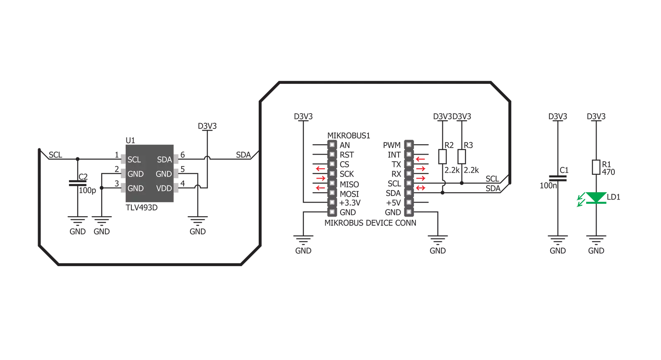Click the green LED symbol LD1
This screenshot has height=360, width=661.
(x=596, y=198)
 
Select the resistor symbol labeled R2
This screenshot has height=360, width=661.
(x=442, y=157)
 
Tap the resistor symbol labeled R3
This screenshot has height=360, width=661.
(x=461, y=157)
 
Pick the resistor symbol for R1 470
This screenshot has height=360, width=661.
(x=596, y=167)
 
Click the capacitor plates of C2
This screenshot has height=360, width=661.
(x=78, y=183)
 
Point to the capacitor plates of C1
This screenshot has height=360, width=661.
(x=558, y=178)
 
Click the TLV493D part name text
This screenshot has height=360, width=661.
(x=142, y=208)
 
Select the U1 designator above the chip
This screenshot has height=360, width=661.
(x=130, y=141)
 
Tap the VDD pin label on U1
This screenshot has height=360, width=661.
(x=164, y=188)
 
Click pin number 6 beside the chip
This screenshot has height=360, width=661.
(x=182, y=155)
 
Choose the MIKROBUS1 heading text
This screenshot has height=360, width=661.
(x=348, y=136)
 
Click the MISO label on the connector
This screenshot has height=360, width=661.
(x=349, y=184)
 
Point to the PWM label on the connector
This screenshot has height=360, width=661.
(x=391, y=145)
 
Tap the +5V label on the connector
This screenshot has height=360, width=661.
(x=394, y=203)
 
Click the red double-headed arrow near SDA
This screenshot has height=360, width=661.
(x=420, y=188)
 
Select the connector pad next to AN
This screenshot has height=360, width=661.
(x=332, y=145)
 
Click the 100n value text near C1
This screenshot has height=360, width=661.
(x=548, y=186)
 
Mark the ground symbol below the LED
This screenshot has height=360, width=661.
(x=596, y=240)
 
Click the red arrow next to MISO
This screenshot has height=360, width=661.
(x=320, y=179)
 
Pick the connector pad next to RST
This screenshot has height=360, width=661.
(x=332, y=154)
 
